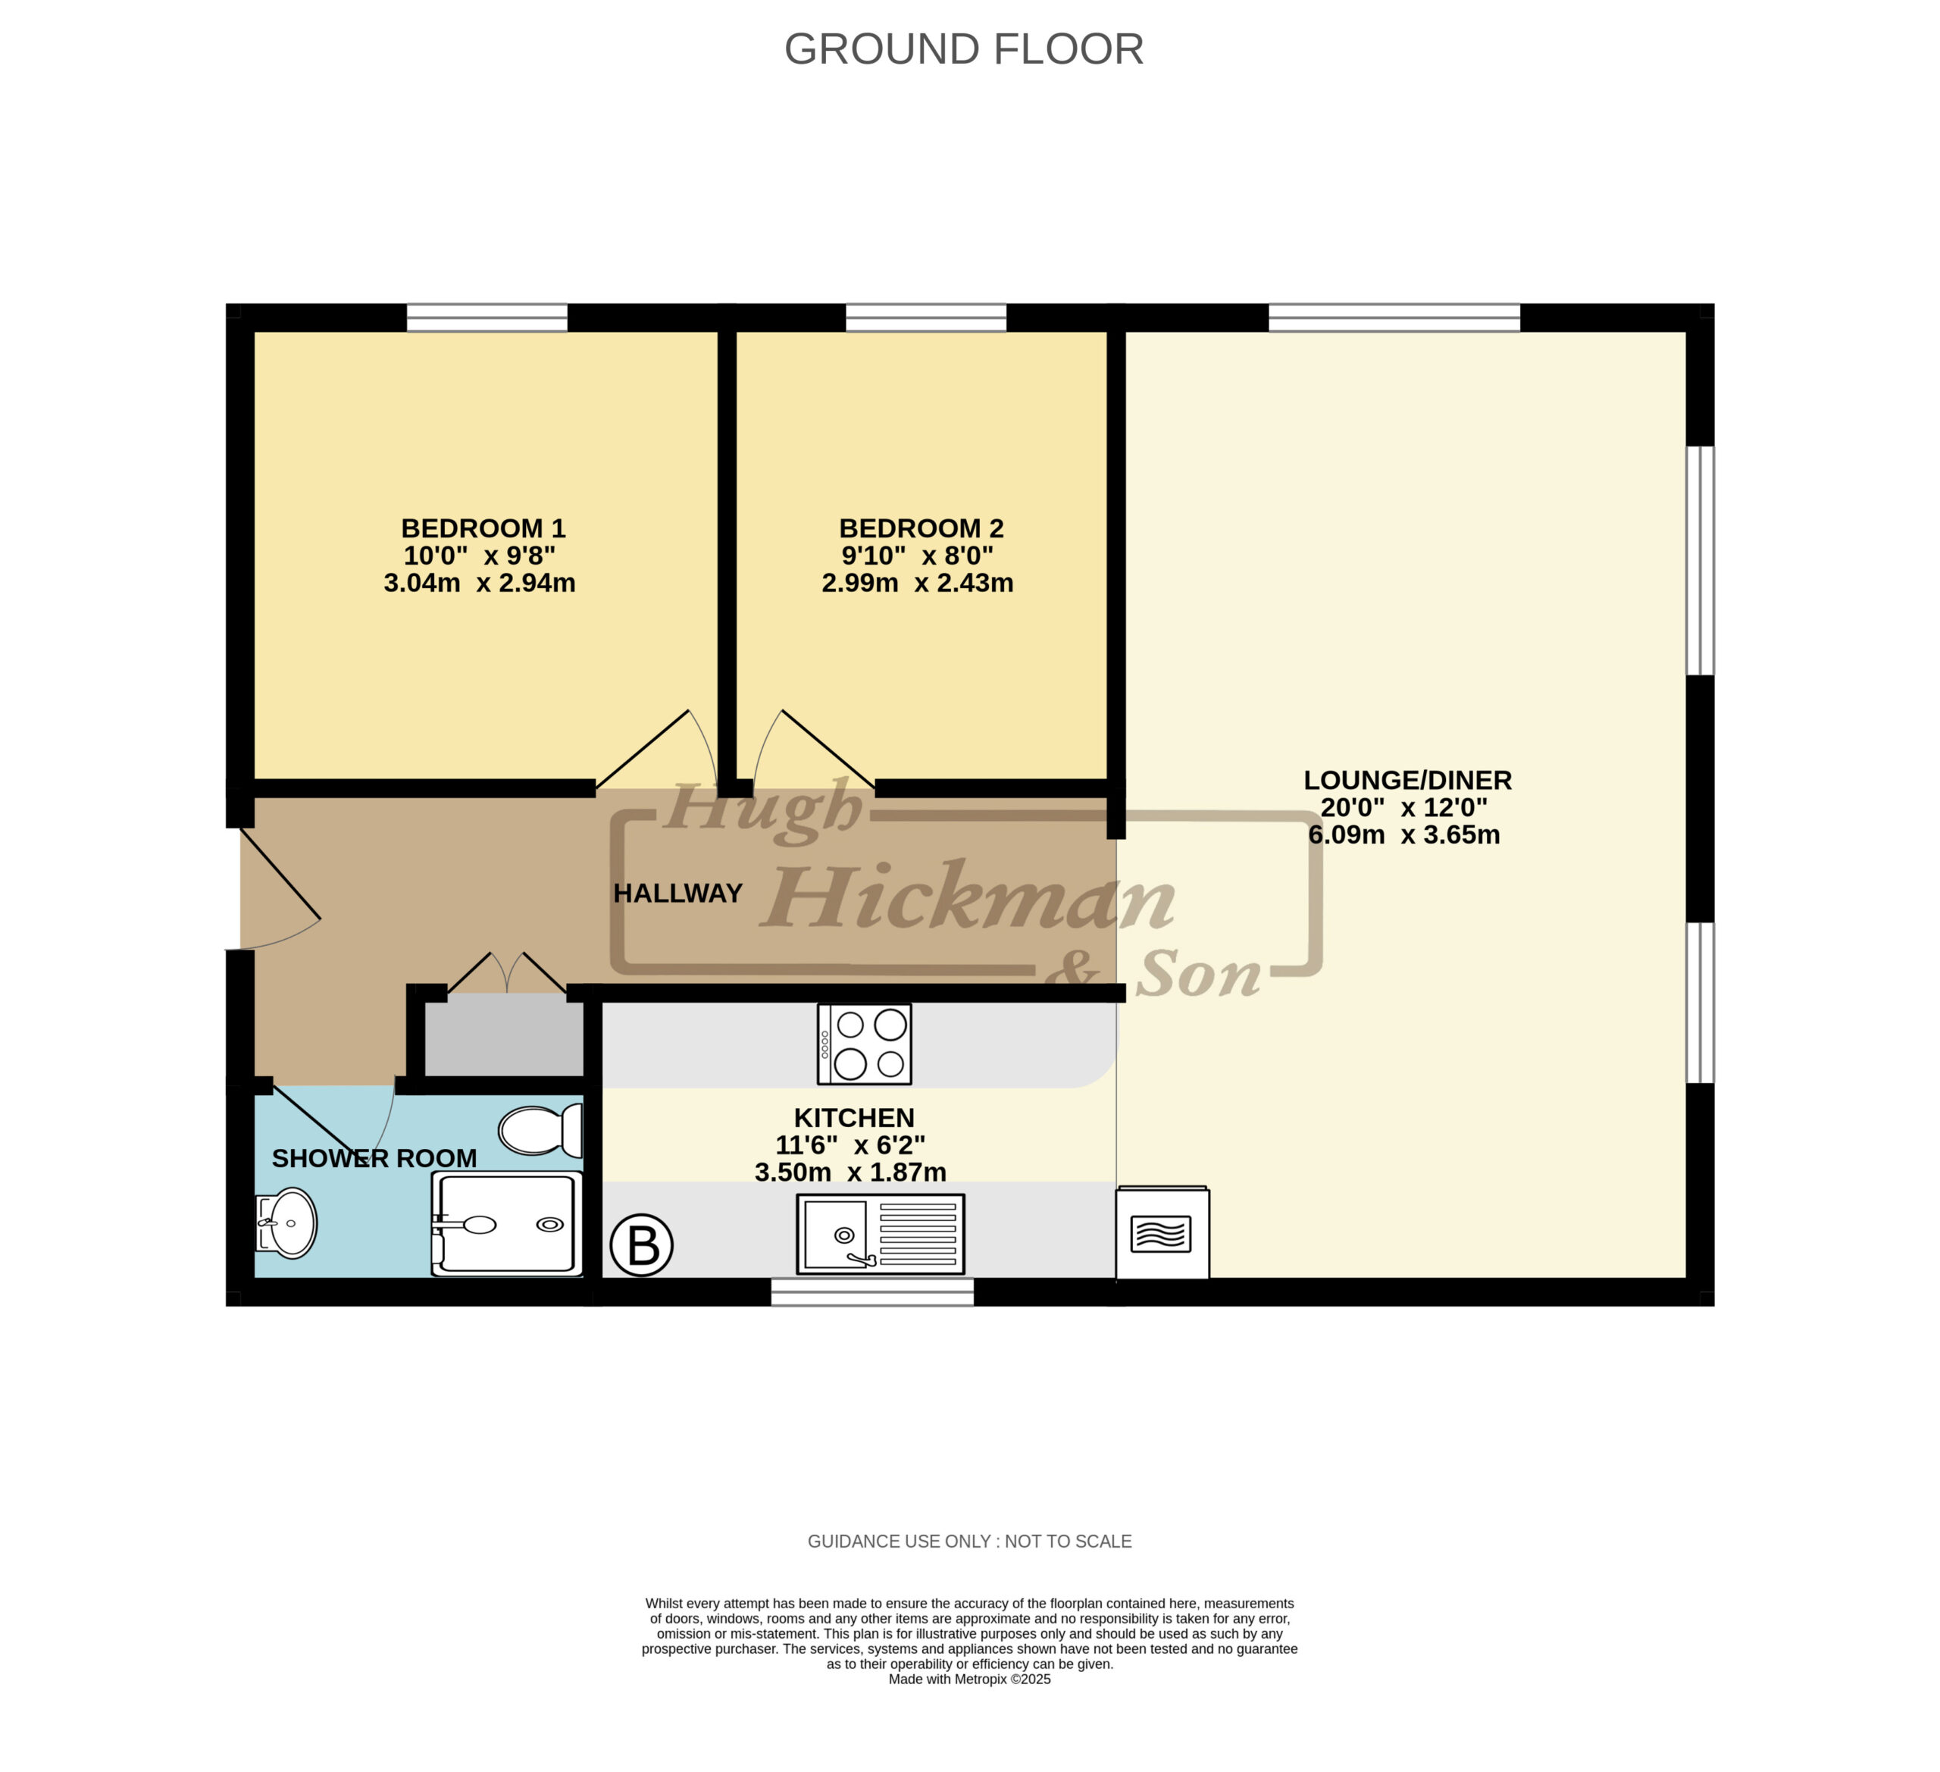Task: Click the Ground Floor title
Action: (963, 49)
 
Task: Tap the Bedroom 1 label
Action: (483, 528)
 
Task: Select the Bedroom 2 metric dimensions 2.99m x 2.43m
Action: (917, 584)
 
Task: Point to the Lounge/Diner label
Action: (1408, 781)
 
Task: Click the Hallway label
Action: (677, 894)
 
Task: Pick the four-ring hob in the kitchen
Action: (864, 1044)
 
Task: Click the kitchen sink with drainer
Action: (881, 1234)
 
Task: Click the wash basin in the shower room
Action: (286, 1223)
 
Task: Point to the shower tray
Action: (507, 1224)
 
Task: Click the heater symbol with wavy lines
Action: (1162, 1234)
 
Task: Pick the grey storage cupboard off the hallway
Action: (504, 1035)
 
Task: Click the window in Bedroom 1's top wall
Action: (487, 318)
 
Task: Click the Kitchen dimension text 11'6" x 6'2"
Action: (851, 1145)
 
